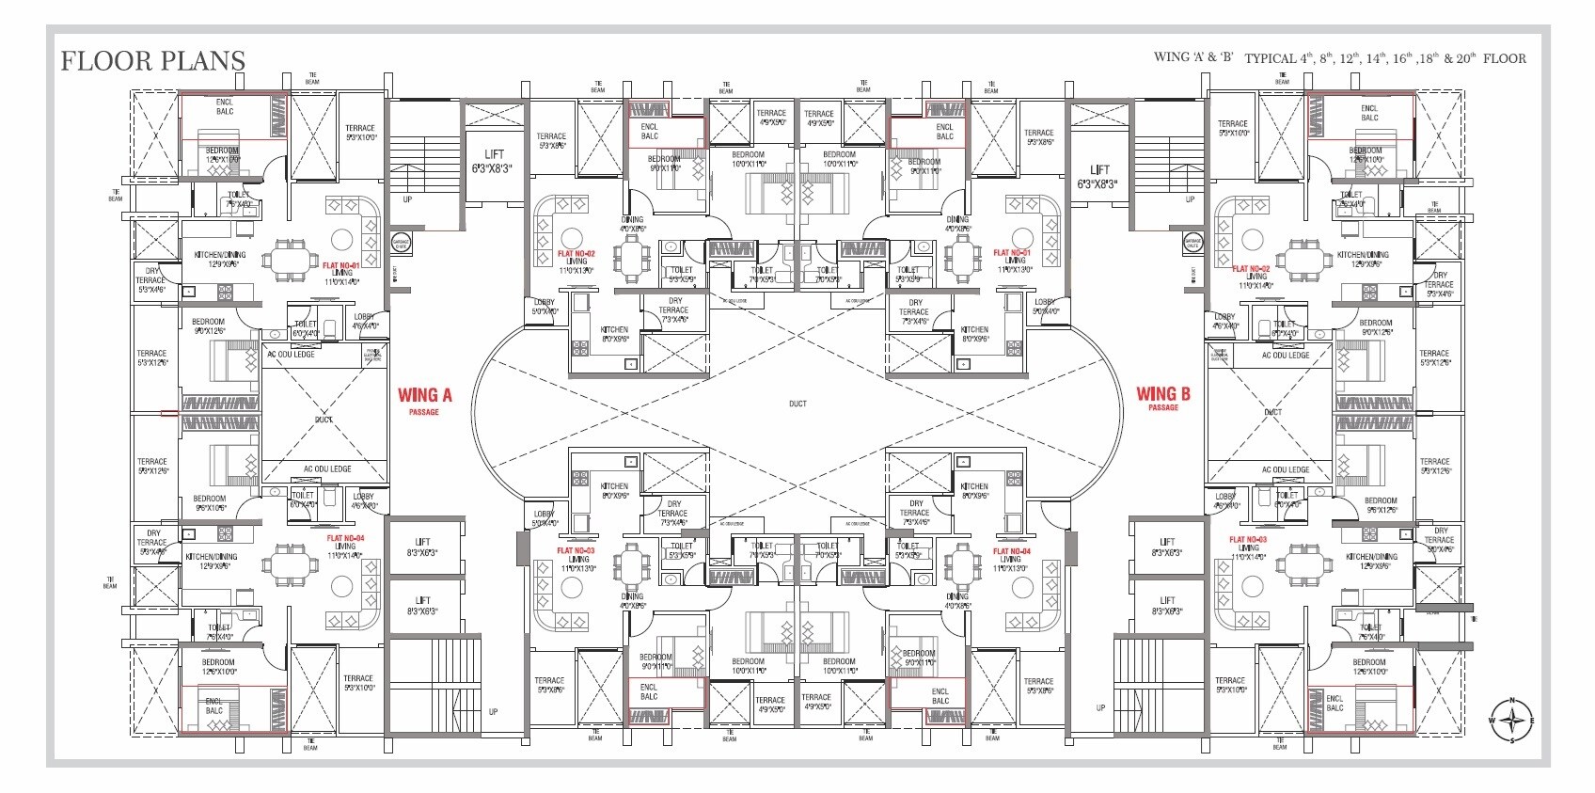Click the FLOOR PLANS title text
coord(152,61)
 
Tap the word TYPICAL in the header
coord(1271,58)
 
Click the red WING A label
coord(424,395)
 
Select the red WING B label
coord(1162,394)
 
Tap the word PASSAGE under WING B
coord(1162,408)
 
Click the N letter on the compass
coord(1512,701)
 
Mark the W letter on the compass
coord(1492,721)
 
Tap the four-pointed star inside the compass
coord(1512,721)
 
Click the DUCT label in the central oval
coord(797,404)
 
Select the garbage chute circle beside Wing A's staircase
coord(401,242)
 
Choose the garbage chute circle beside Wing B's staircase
coord(1192,243)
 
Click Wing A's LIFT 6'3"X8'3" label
coord(494,161)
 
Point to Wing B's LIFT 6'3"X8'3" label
coord(1099,176)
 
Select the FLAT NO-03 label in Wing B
coord(1248,540)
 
